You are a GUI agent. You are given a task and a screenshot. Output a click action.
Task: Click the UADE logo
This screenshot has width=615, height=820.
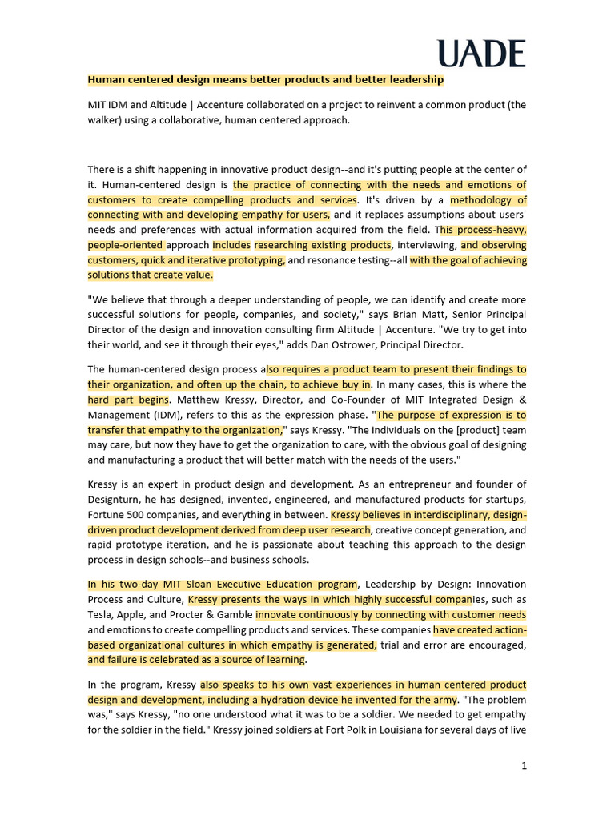481,54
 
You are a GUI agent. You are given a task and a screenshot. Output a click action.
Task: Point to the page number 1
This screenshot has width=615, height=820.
524,766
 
